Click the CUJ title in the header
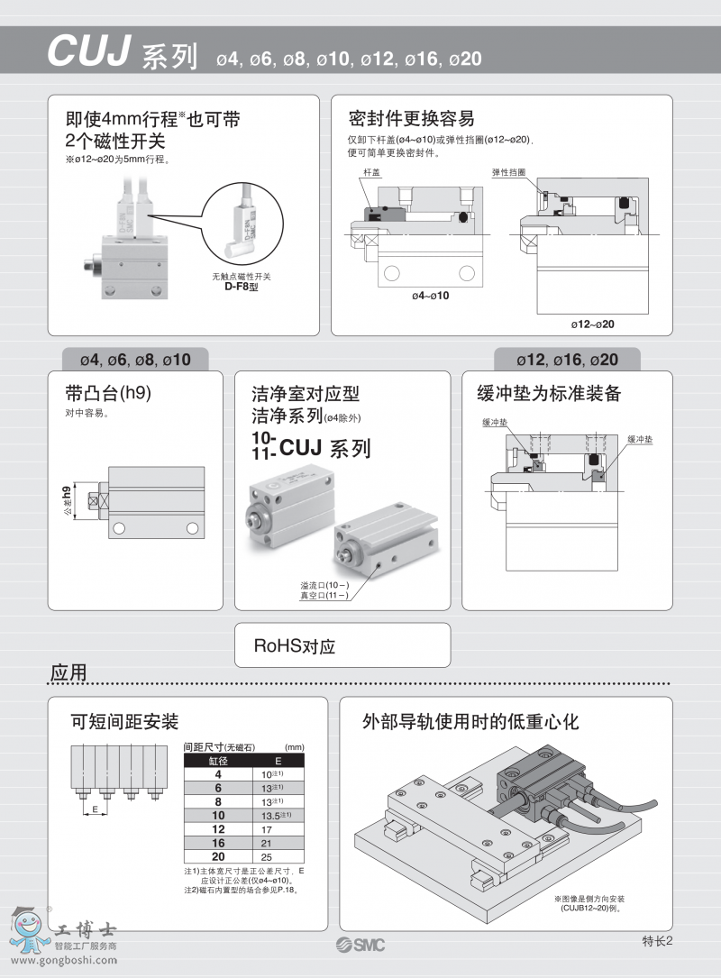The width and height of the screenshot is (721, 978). [90, 53]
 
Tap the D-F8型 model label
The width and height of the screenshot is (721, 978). [241, 287]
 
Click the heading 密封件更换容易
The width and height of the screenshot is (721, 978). [411, 118]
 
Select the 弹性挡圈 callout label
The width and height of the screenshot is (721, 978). [508, 170]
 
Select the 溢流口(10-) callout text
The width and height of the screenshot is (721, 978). [324, 585]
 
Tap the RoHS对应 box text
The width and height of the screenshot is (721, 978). [295, 646]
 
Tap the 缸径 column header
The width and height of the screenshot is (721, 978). [218, 761]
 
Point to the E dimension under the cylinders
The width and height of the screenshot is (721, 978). [95, 809]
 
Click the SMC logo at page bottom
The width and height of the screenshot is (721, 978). [360, 944]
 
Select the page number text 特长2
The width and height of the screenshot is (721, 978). [658, 941]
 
